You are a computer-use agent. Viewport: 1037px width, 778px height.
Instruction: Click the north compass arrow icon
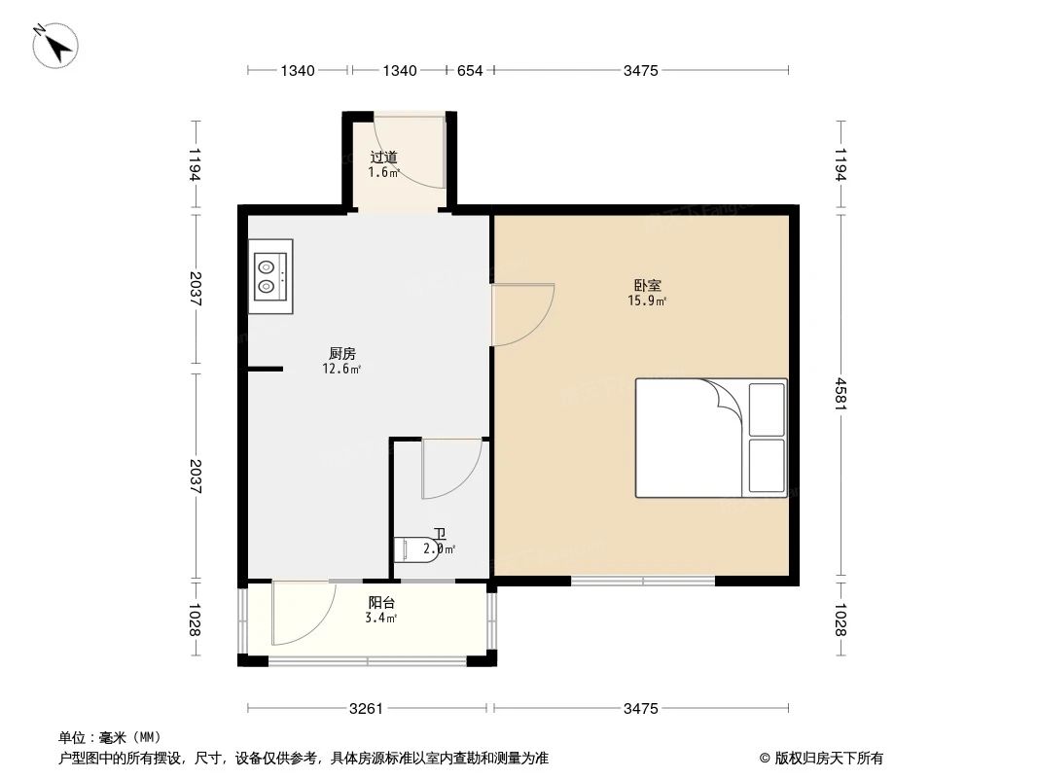56,45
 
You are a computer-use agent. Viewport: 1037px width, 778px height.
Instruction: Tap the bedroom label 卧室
647,286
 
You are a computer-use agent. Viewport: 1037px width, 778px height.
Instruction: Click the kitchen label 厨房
341,354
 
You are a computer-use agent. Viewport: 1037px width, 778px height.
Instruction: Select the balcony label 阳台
380,603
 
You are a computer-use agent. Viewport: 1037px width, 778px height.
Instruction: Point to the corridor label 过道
383,157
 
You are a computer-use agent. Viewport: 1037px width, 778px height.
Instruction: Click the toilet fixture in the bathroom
416,549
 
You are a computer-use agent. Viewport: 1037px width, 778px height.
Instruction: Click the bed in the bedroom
711,438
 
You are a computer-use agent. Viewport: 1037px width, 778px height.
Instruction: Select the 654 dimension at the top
470,70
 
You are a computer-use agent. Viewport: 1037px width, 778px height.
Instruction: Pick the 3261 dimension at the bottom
367,709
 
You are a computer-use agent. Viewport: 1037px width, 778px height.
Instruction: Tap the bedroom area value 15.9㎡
647,301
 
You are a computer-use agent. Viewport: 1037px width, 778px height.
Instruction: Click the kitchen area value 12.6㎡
341,370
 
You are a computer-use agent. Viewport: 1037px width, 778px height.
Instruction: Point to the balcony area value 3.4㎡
380,619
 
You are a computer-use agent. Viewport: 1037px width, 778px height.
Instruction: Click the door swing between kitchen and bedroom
522,314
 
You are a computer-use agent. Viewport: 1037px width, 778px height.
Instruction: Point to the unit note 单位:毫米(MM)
109,737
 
